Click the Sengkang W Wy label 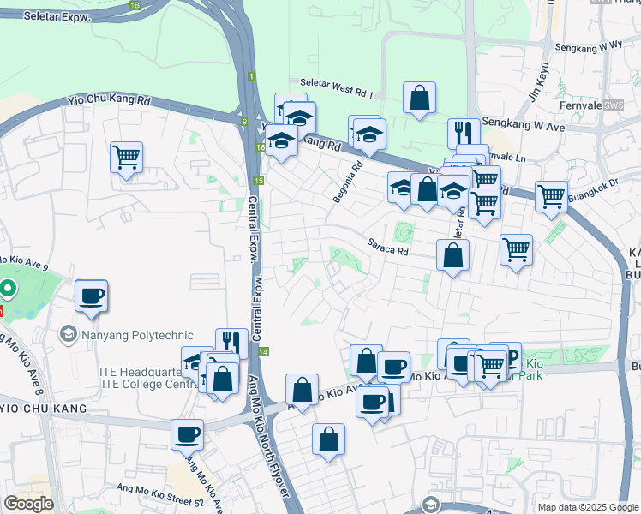pos(589,46)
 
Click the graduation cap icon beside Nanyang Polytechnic pos(68,332)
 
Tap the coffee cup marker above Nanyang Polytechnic pos(92,296)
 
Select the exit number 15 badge pos(259,181)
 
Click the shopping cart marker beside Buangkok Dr pos(551,196)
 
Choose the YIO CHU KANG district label pos(45,409)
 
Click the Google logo pos(28,504)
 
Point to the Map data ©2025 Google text pos(587,507)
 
